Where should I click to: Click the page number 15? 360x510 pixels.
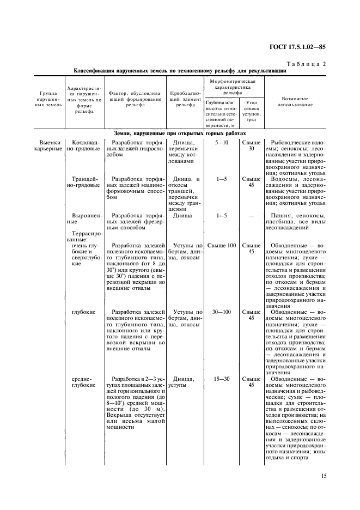pyautogui.click(x=324, y=476)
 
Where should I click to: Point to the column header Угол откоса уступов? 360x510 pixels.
pyautogui.click(x=251, y=111)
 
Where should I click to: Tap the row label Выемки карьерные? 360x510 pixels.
pyautogui.click(x=48, y=145)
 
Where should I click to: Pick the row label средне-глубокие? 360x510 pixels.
pyautogui.click(x=82, y=381)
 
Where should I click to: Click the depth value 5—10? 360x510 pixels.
pyautogui.click(x=221, y=142)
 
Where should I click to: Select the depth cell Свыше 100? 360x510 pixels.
pyautogui.click(x=221, y=245)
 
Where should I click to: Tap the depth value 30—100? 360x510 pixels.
pyautogui.click(x=221, y=312)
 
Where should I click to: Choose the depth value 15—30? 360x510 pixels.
pyautogui.click(x=221, y=378)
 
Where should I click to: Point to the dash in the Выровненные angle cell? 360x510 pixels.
pyautogui.click(x=251, y=216)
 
